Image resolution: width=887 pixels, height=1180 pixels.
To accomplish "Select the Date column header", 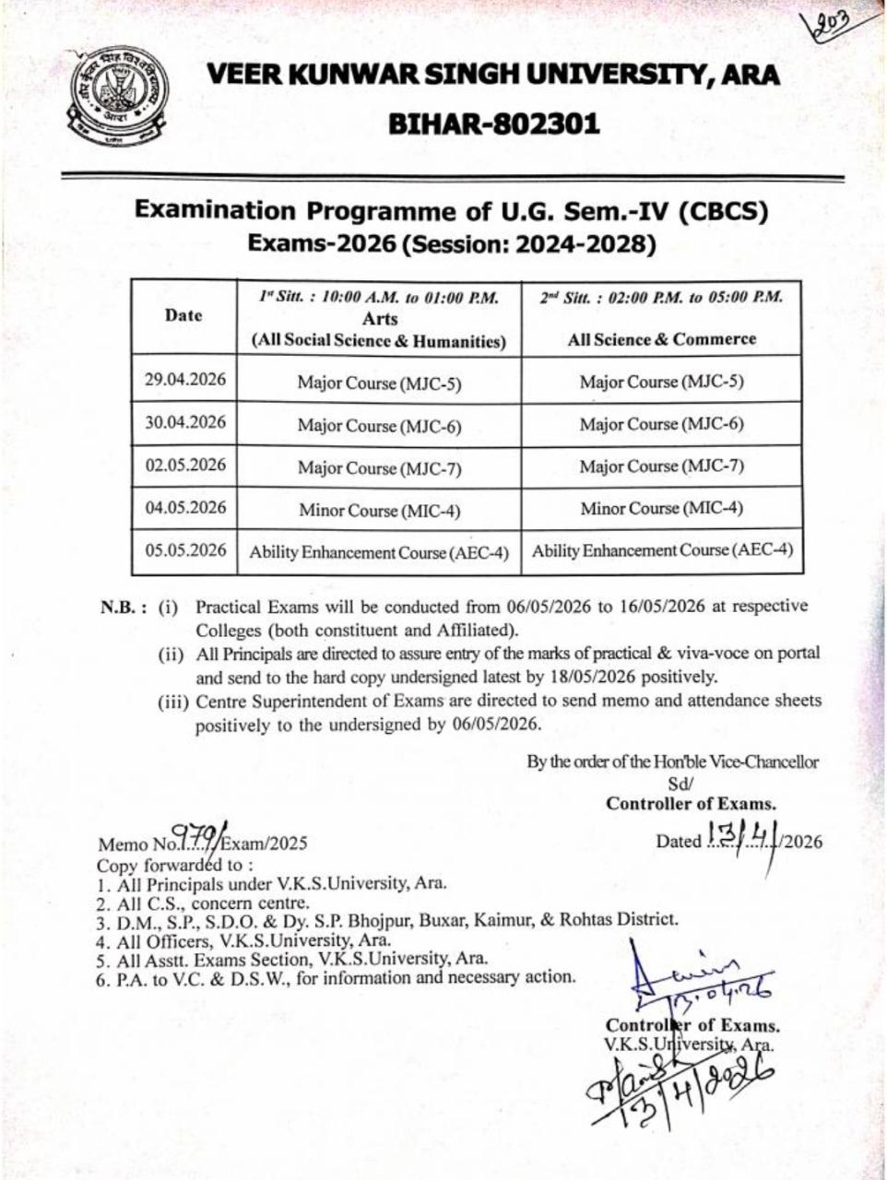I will [183, 315].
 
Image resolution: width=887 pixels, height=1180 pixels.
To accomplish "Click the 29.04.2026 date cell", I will [185, 380].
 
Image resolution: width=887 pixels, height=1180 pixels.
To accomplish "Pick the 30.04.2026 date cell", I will [185, 422].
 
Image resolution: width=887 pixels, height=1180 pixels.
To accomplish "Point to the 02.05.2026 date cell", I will [185, 465].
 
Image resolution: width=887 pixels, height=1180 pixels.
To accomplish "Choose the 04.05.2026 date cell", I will [185, 507].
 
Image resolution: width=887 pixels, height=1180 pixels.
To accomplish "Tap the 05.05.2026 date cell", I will [185, 550].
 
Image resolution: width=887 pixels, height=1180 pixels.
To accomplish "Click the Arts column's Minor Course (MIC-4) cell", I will [379, 510].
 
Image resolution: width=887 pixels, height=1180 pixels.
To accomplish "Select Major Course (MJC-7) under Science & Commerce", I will [661, 466].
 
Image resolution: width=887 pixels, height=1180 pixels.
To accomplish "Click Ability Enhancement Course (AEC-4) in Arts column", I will [379, 553].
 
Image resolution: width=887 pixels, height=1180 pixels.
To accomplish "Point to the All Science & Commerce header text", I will [661, 339].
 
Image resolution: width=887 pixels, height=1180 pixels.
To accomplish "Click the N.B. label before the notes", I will [124, 608].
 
